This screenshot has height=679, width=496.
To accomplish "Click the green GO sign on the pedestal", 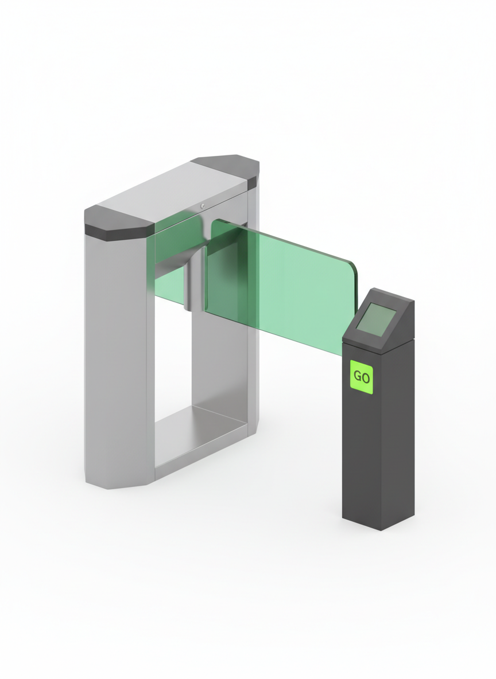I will point(362,377).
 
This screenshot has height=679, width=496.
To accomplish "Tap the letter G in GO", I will point(357,377).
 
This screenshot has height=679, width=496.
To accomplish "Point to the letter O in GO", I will point(366,377).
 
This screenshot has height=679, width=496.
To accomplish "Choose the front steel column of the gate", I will point(118,356).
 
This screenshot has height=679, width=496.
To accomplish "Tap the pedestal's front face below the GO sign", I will point(361,459).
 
